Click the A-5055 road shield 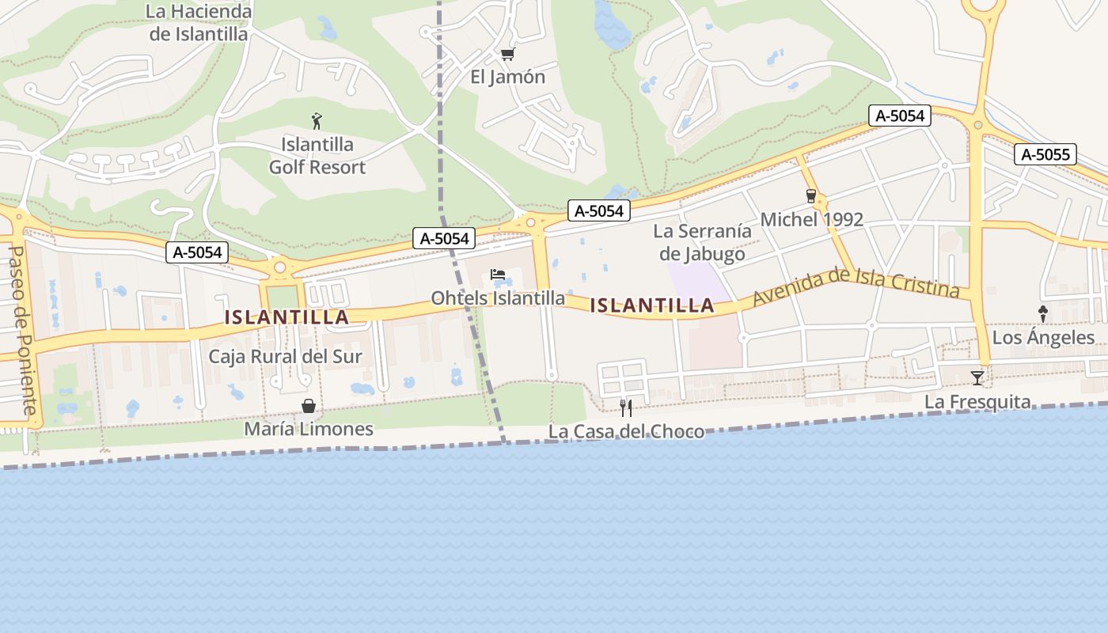pyautogui.click(x=1045, y=155)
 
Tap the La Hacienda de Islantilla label pyautogui.click(x=199, y=23)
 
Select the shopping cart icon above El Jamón pyautogui.click(x=507, y=55)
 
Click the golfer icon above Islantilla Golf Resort pyautogui.click(x=317, y=121)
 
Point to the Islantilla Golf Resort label pyautogui.click(x=317, y=156)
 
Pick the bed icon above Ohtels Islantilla pyautogui.click(x=498, y=275)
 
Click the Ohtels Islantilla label pyautogui.click(x=498, y=298)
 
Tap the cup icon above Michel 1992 pyautogui.click(x=810, y=195)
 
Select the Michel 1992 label pyautogui.click(x=811, y=219)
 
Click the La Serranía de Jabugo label pyautogui.click(x=702, y=243)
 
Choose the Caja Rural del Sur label pyautogui.click(x=285, y=356)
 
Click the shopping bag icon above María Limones pyautogui.click(x=308, y=406)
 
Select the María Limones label pyautogui.click(x=308, y=429)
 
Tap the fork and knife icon pyautogui.click(x=625, y=408)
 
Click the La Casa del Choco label pyautogui.click(x=626, y=432)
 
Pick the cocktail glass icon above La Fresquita pyautogui.click(x=977, y=378)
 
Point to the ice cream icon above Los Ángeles pyautogui.click(x=1042, y=314)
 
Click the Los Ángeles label pyautogui.click(x=1043, y=338)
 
